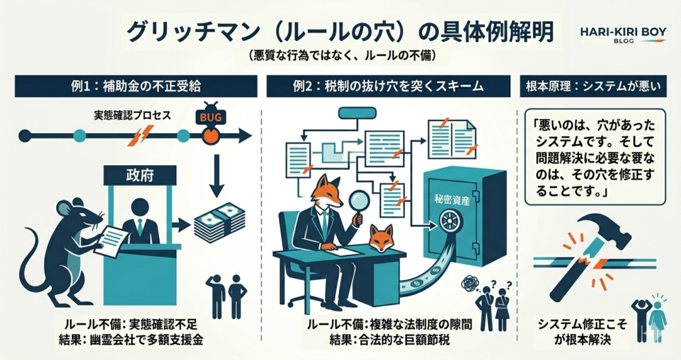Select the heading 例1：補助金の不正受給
point(136,86)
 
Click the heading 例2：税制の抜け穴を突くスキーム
point(389,86)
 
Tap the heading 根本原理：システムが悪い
point(595,86)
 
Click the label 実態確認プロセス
point(132,116)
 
